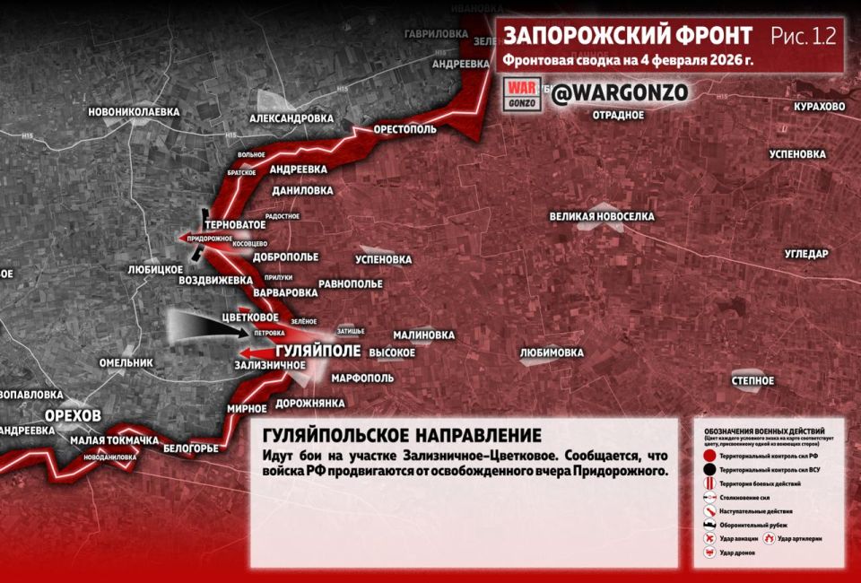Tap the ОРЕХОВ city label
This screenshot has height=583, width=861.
coord(74,414)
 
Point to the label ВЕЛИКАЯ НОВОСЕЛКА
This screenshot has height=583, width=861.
coord(602,217)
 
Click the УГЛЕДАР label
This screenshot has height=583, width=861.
coord(806,254)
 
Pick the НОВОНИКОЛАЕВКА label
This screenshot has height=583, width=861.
coord(134,112)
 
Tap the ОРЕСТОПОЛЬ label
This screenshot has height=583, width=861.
coord(404,129)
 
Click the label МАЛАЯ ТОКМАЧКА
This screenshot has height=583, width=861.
coord(114,440)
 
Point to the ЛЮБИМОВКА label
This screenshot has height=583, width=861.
coord(552,352)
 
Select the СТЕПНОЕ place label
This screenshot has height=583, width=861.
coord(752,381)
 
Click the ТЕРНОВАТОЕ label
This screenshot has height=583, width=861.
coord(235,223)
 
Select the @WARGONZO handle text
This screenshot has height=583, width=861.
coord(619,93)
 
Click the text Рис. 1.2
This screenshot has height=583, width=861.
coord(803,36)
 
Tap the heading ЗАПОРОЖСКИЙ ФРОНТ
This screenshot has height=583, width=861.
coord(628,36)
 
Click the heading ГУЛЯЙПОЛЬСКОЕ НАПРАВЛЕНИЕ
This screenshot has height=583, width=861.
coord(402,436)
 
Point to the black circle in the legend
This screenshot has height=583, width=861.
coord(709,469)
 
